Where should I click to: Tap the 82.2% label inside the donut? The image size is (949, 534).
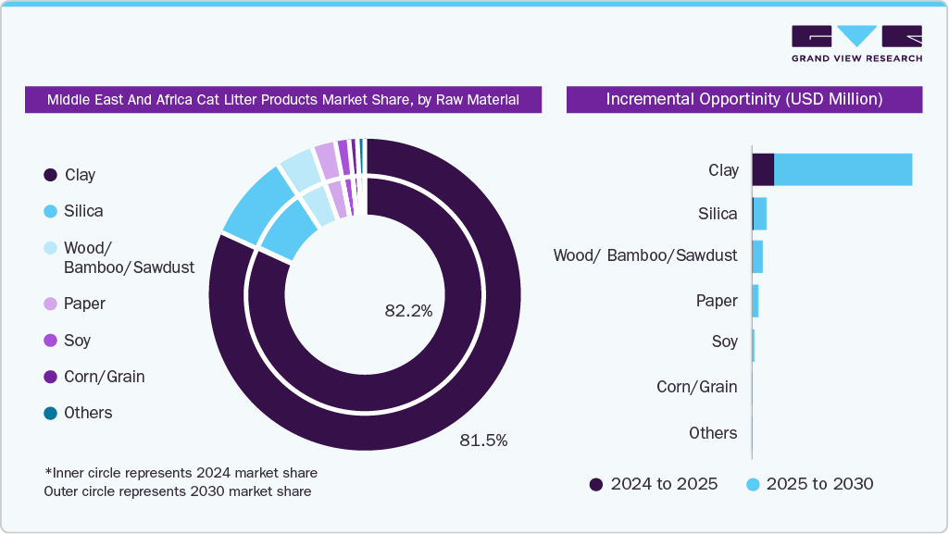pyautogui.click(x=408, y=311)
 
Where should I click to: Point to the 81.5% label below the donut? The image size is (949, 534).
pyautogui.click(x=483, y=441)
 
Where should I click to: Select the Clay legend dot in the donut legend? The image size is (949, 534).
pyautogui.click(x=51, y=175)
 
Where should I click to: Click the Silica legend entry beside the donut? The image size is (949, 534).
pyautogui.click(x=74, y=211)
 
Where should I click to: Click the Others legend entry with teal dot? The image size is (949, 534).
pyautogui.click(x=79, y=413)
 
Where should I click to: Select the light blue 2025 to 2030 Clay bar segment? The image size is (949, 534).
pyautogui.click(x=843, y=169)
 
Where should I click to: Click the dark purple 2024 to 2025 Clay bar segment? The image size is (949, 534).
pyautogui.click(x=763, y=169)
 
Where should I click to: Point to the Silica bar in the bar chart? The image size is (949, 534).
pyautogui.click(x=759, y=214)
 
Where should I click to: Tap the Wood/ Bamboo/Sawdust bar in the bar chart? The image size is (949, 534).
pyautogui.click(x=757, y=256)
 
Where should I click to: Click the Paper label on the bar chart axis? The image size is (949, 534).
pyautogui.click(x=717, y=301)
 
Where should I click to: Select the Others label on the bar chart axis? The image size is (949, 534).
pyautogui.click(x=713, y=433)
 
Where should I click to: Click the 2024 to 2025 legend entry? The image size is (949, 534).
pyautogui.click(x=653, y=484)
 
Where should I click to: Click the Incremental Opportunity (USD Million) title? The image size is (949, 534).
pyautogui.click(x=743, y=99)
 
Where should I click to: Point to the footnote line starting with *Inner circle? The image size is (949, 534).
pyautogui.click(x=181, y=473)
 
